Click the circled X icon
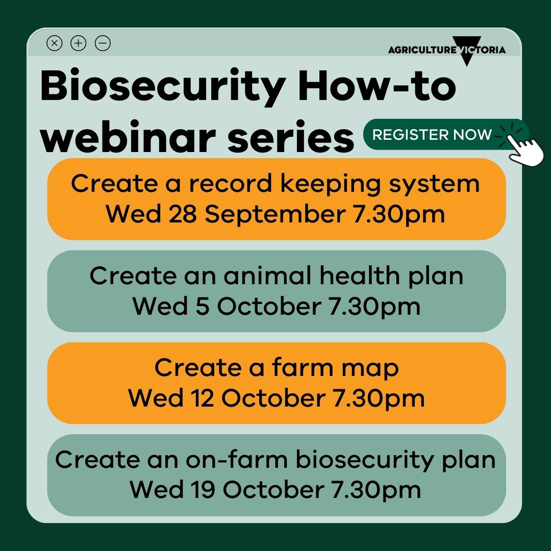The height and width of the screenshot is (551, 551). [x=55, y=43]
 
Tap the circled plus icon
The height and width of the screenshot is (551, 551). [x=79, y=43]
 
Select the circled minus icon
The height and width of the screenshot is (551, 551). [x=103, y=43]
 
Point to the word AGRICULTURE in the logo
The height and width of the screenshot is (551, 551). [x=422, y=50]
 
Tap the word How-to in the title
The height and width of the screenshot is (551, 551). [x=377, y=85]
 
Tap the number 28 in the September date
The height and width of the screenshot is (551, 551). [x=182, y=214]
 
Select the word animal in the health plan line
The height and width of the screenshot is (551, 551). [x=267, y=275]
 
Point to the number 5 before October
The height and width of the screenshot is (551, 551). [x=203, y=306]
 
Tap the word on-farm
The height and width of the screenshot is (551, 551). [x=237, y=459]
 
